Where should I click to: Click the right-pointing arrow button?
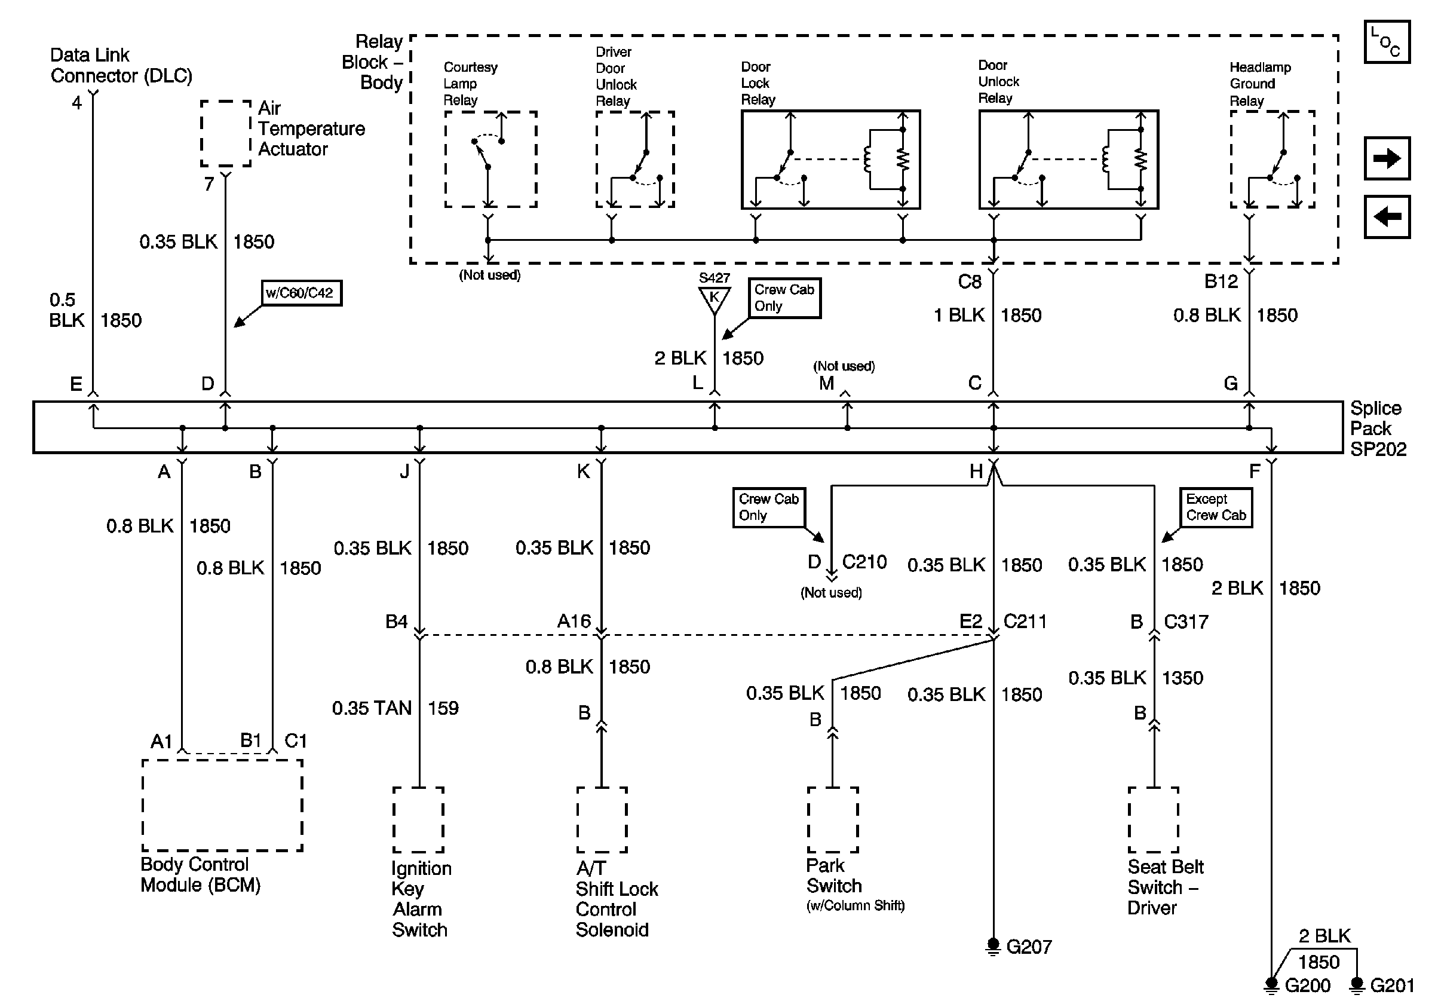coord(1386,158)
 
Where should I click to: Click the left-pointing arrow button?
coord(1386,217)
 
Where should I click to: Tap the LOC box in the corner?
coord(1386,42)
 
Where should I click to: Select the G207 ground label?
coord(1029,947)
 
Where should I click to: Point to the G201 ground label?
coord(1392,985)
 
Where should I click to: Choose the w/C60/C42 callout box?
coord(301,292)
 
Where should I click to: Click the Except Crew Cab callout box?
coord(1216,507)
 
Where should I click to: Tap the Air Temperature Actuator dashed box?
coord(226,133)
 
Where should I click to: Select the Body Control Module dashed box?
coord(222,805)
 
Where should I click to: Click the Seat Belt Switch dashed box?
coord(1153,819)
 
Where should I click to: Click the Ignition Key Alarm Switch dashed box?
coord(418,819)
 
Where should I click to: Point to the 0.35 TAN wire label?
coord(371,708)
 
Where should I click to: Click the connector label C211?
coord(1025,622)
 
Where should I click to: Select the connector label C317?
coord(1186,622)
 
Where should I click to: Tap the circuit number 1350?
coord(1182,678)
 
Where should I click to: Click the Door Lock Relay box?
coord(830,160)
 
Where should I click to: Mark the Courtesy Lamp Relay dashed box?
coord(490,160)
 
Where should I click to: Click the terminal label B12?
coord(1221,282)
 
